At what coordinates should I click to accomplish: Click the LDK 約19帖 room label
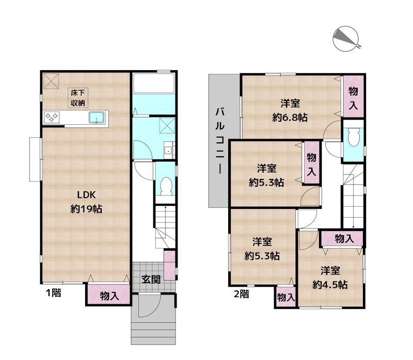[x=86, y=202]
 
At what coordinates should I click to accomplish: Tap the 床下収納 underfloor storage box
[x=78, y=97]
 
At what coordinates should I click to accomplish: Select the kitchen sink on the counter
[x=97, y=118]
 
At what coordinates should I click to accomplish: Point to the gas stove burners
[x=52, y=118]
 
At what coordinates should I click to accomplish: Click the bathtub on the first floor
[x=154, y=83]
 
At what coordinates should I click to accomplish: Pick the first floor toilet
[x=166, y=186]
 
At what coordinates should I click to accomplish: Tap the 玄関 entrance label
[x=151, y=279]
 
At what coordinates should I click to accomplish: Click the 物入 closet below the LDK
[x=109, y=294]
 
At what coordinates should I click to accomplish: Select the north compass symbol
[x=346, y=39]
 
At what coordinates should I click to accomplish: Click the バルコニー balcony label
[x=220, y=141]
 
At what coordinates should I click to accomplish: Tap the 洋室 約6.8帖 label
[x=290, y=110]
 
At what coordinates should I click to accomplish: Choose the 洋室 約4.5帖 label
[x=330, y=277]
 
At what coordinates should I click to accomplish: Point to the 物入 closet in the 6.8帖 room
[x=353, y=97]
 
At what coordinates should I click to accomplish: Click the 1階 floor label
[x=54, y=292]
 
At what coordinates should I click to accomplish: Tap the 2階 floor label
[x=242, y=294]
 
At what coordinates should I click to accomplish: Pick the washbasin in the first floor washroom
[x=168, y=150]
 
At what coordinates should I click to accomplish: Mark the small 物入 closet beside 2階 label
[x=286, y=297]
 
